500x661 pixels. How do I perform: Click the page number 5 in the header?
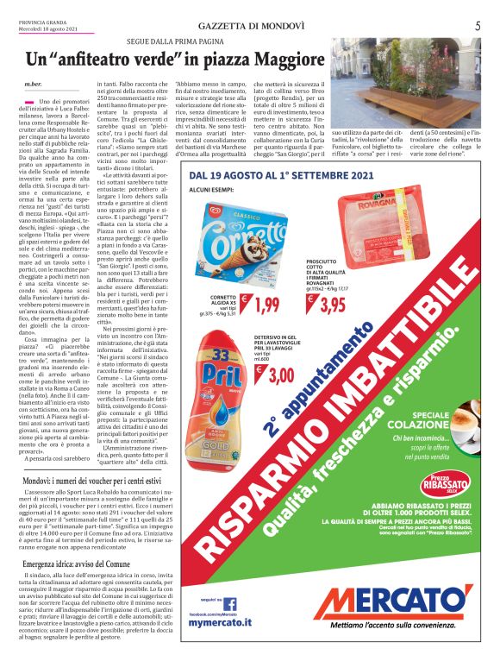pos(477,26)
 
